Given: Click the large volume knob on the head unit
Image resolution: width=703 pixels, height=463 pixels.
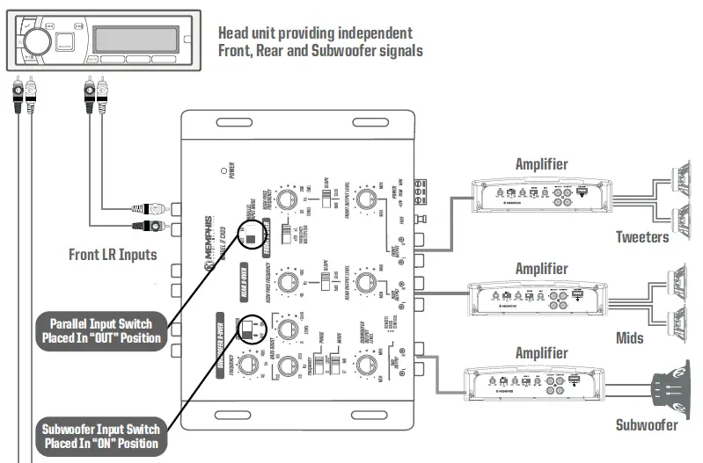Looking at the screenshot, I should [36, 40].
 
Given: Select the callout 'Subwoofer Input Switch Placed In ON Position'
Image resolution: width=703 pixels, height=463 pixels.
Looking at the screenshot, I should [100, 436].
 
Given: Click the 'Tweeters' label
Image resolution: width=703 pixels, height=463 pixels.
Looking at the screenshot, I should [641, 237].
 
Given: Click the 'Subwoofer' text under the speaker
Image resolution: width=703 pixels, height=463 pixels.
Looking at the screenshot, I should [646, 425].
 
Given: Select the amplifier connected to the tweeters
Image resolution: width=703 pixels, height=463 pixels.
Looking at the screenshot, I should [540, 192].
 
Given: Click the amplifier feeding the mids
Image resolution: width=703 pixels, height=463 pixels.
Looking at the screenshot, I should [540, 294].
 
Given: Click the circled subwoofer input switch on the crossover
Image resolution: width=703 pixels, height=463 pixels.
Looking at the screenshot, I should [252, 329].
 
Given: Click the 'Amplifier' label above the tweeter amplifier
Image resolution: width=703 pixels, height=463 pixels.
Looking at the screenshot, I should [540, 164].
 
